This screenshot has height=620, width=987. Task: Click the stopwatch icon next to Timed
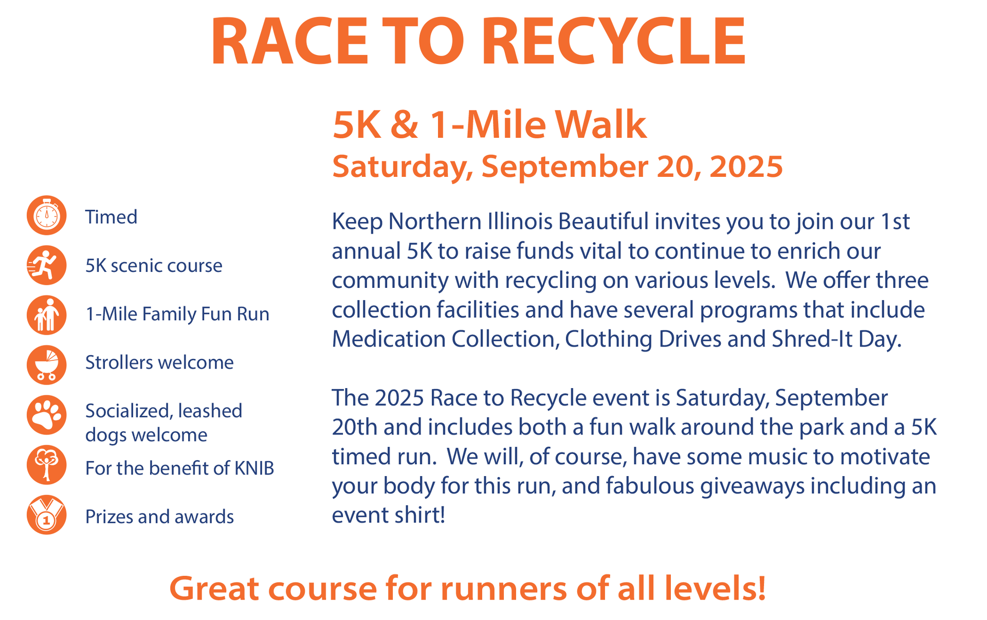coord(46,215)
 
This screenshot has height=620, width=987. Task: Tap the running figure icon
coord(46,265)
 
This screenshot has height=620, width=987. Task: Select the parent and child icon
coord(46,315)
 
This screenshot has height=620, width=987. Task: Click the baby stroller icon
coord(46,364)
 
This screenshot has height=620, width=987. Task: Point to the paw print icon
coord(46,414)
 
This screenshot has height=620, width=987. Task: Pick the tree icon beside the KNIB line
coord(46,464)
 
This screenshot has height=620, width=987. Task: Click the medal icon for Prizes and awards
coord(46,515)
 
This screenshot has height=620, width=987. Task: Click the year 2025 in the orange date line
coord(745,167)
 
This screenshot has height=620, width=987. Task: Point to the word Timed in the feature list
coord(111,217)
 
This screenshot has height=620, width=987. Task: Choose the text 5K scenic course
coord(154,266)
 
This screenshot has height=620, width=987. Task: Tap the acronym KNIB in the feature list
coord(254,468)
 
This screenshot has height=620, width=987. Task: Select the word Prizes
coord(107,517)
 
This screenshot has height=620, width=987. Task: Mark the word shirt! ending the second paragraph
coord(420,515)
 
